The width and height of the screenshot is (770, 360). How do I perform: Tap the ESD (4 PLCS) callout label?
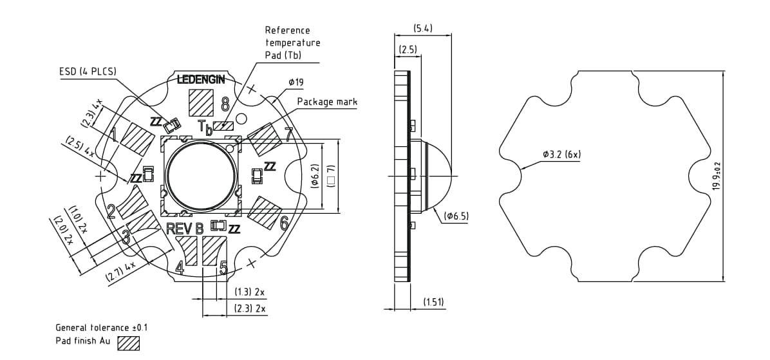tap(88, 71)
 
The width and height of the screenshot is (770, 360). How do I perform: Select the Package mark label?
tap(327, 102)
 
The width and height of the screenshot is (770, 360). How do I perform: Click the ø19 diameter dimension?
tap(296, 82)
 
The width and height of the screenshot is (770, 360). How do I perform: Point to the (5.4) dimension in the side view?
tap(422, 28)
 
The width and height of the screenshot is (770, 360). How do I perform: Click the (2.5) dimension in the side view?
tap(408, 50)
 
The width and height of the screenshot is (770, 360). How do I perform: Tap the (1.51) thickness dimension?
tap(433, 302)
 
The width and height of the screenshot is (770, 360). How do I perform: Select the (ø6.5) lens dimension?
tap(456, 216)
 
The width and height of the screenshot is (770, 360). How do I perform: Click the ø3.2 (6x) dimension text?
tap(562, 155)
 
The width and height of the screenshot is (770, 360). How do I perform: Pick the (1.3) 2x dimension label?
tap(250, 292)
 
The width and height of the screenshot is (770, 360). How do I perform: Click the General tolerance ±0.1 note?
tap(102, 327)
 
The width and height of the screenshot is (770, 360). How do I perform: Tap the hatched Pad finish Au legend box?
tap(129, 343)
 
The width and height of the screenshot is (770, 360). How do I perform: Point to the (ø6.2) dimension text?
tap(315, 175)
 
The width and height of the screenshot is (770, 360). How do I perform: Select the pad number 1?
tap(113, 136)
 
